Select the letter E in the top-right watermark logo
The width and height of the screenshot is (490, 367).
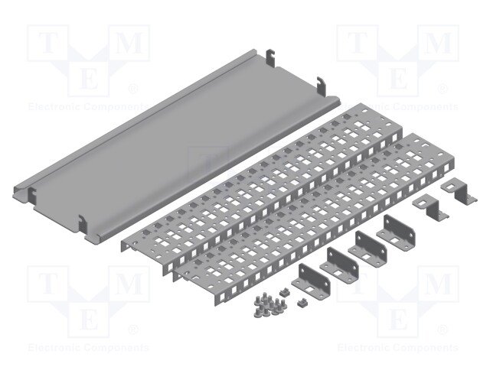tap(397, 76)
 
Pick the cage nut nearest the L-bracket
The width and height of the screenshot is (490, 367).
tap(302, 303)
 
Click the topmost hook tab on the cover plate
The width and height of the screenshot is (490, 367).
tap(269, 58)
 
